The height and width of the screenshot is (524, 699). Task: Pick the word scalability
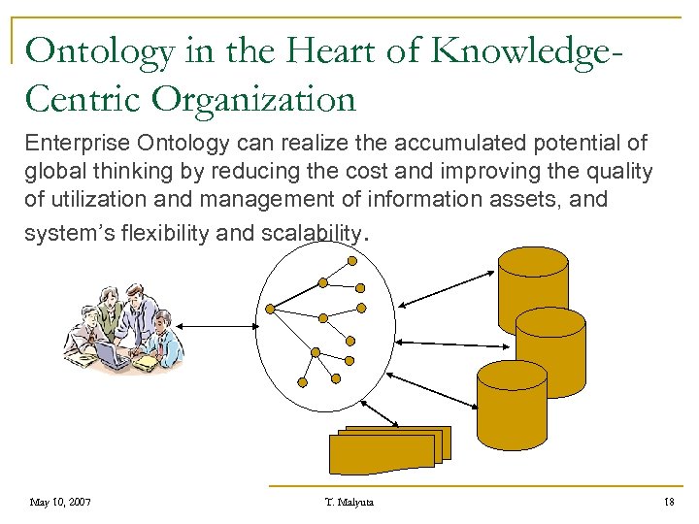click(x=310, y=233)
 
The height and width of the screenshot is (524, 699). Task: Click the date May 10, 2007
click(x=60, y=502)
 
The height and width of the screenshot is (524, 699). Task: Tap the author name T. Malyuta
click(x=349, y=502)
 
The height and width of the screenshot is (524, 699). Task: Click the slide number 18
click(x=668, y=502)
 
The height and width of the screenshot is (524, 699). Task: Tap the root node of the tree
click(x=272, y=310)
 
